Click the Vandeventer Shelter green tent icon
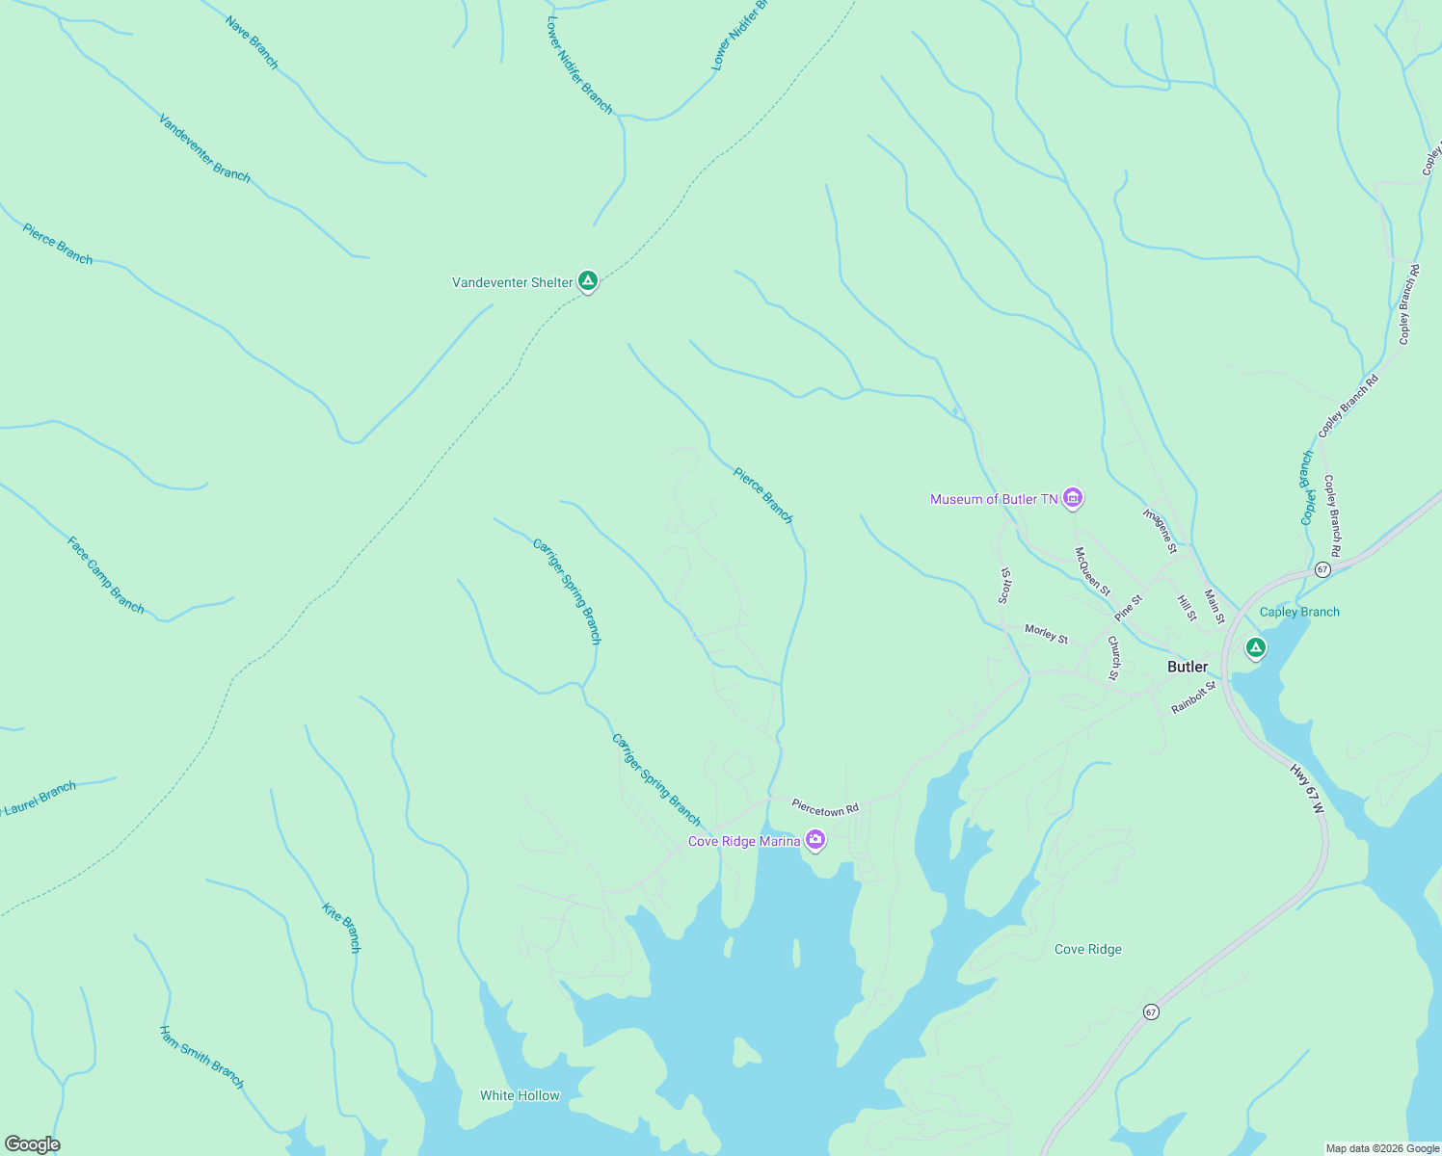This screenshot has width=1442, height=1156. click(x=588, y=281)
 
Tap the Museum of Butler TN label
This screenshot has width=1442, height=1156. click(x=994, y=499)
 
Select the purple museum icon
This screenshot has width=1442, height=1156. click(x=1073, y=498)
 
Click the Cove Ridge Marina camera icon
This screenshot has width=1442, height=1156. click(x=815, y=840)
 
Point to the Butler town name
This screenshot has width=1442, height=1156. click(x=1188, y=667)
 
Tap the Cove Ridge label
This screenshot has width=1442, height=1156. click(x=1087, y=949)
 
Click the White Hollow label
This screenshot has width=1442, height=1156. click(x=520, y=1095)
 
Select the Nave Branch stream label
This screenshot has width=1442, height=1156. click(x=252, y=42)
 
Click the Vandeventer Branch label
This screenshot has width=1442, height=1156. click(x=204, y=149)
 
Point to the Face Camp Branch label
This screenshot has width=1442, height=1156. click(x=105, y=575)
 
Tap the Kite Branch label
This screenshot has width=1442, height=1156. click(x=342, y=928)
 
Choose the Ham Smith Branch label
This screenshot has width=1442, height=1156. click(x=201, y=1057)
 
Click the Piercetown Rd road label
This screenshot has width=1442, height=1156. click(x=825, y=806)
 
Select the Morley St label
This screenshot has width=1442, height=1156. click(x=1046, y=633)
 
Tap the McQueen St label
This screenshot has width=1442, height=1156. click(x=1092, y=571)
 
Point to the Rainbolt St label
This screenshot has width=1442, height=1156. click(x=1193, y=697)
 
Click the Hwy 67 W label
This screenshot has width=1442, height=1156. click(x=1307, y=789)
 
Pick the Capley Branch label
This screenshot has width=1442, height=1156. click(x=1299, y=612)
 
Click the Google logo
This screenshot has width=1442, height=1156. click(x=32, y=1144)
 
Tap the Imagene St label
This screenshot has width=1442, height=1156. click(x=1161, y=531)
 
